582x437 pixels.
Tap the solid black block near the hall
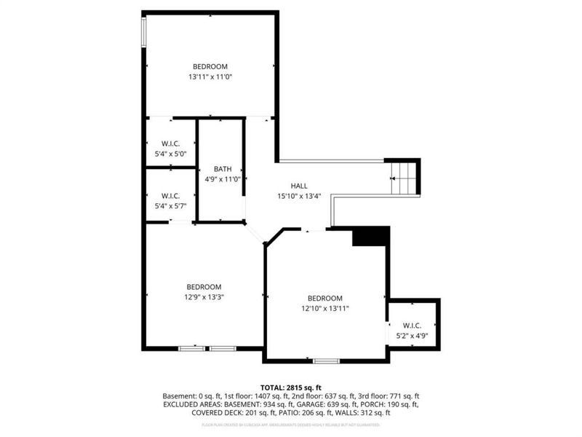pyautogui.click(x=371, y=237)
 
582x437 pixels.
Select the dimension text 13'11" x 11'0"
pyautogui.click(x=210, y=76)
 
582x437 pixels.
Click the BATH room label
pyautogui.click(x=222, y=169)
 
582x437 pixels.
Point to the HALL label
pyautogui.click(x=299, y=186)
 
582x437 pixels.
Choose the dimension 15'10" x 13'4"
pyautogui.click(x=299, y=195)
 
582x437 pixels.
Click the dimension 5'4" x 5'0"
pyautogui.click(x=171, y=154)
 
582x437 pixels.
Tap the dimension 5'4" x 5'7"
pyautogui.click(x=171, y=205)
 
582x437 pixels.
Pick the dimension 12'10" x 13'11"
pyautogui.click(x=324, y=308)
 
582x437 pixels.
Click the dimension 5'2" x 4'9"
pyautogui.click(x=412, y=336)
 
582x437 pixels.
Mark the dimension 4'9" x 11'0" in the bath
pyautogui.click(x=222, y=178)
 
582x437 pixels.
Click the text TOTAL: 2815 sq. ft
pyautogui.click(x=290, y=387)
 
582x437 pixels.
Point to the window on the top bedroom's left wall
pyautogui.click(x=144, y=31)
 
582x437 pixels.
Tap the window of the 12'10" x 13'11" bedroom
pyautogui.click(x=326, y=361)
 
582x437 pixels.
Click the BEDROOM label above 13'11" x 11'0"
pyautogui.click(x=210, y=67)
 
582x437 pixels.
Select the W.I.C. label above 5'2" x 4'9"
pyautogui.click(x=412, y=326)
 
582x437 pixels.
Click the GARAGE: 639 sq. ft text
pyautogui.click(x=324, y=404)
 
